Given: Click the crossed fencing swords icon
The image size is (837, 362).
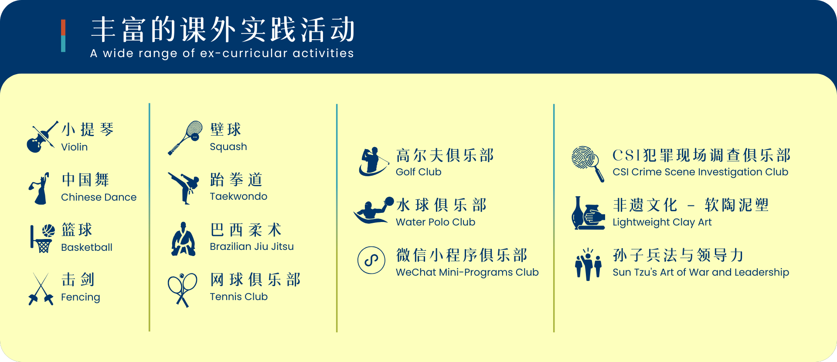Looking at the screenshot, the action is pyautogui.click(x=41, y=289).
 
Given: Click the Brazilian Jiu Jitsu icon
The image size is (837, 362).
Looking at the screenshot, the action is pyautogui.click(x=184, y=239).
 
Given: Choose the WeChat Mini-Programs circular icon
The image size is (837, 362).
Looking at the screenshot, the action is pyautogui.click(x=371, y=260).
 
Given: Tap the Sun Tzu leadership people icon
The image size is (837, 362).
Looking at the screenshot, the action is pyautogui.click(x=588, y=264).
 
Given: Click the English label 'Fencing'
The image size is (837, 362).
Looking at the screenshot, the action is pyautogui.click(x=81, y=297).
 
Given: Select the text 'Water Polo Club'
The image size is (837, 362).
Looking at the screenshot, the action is pyautogui.click(x=436, y=222).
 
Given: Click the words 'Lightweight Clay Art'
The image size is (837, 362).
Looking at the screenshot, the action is pyautogui.click(x=662, y=222).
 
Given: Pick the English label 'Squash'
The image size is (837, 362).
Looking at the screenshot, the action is pyautogui.click(x=228, y=147).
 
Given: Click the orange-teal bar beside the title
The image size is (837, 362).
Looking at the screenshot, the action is pyautogui.click(x=63, y=36).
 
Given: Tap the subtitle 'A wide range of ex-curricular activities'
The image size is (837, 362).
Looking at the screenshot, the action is pyautogui.click(x=222, y=53).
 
